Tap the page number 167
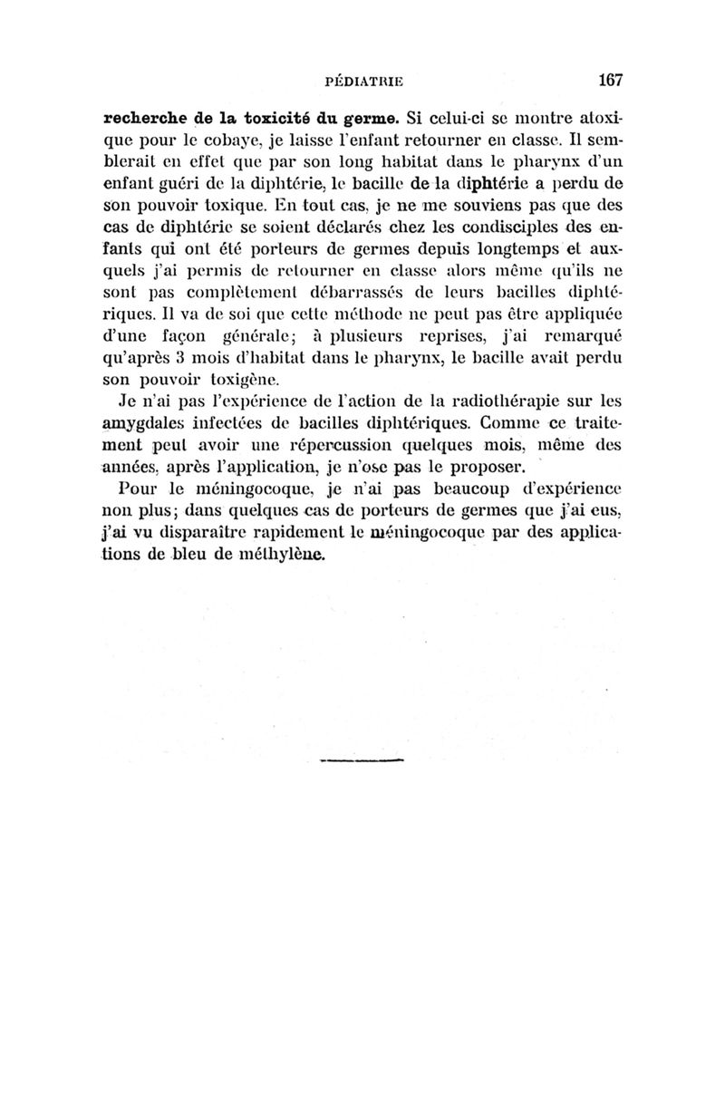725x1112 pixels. point(609,80)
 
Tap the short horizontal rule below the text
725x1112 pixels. point(360,759)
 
